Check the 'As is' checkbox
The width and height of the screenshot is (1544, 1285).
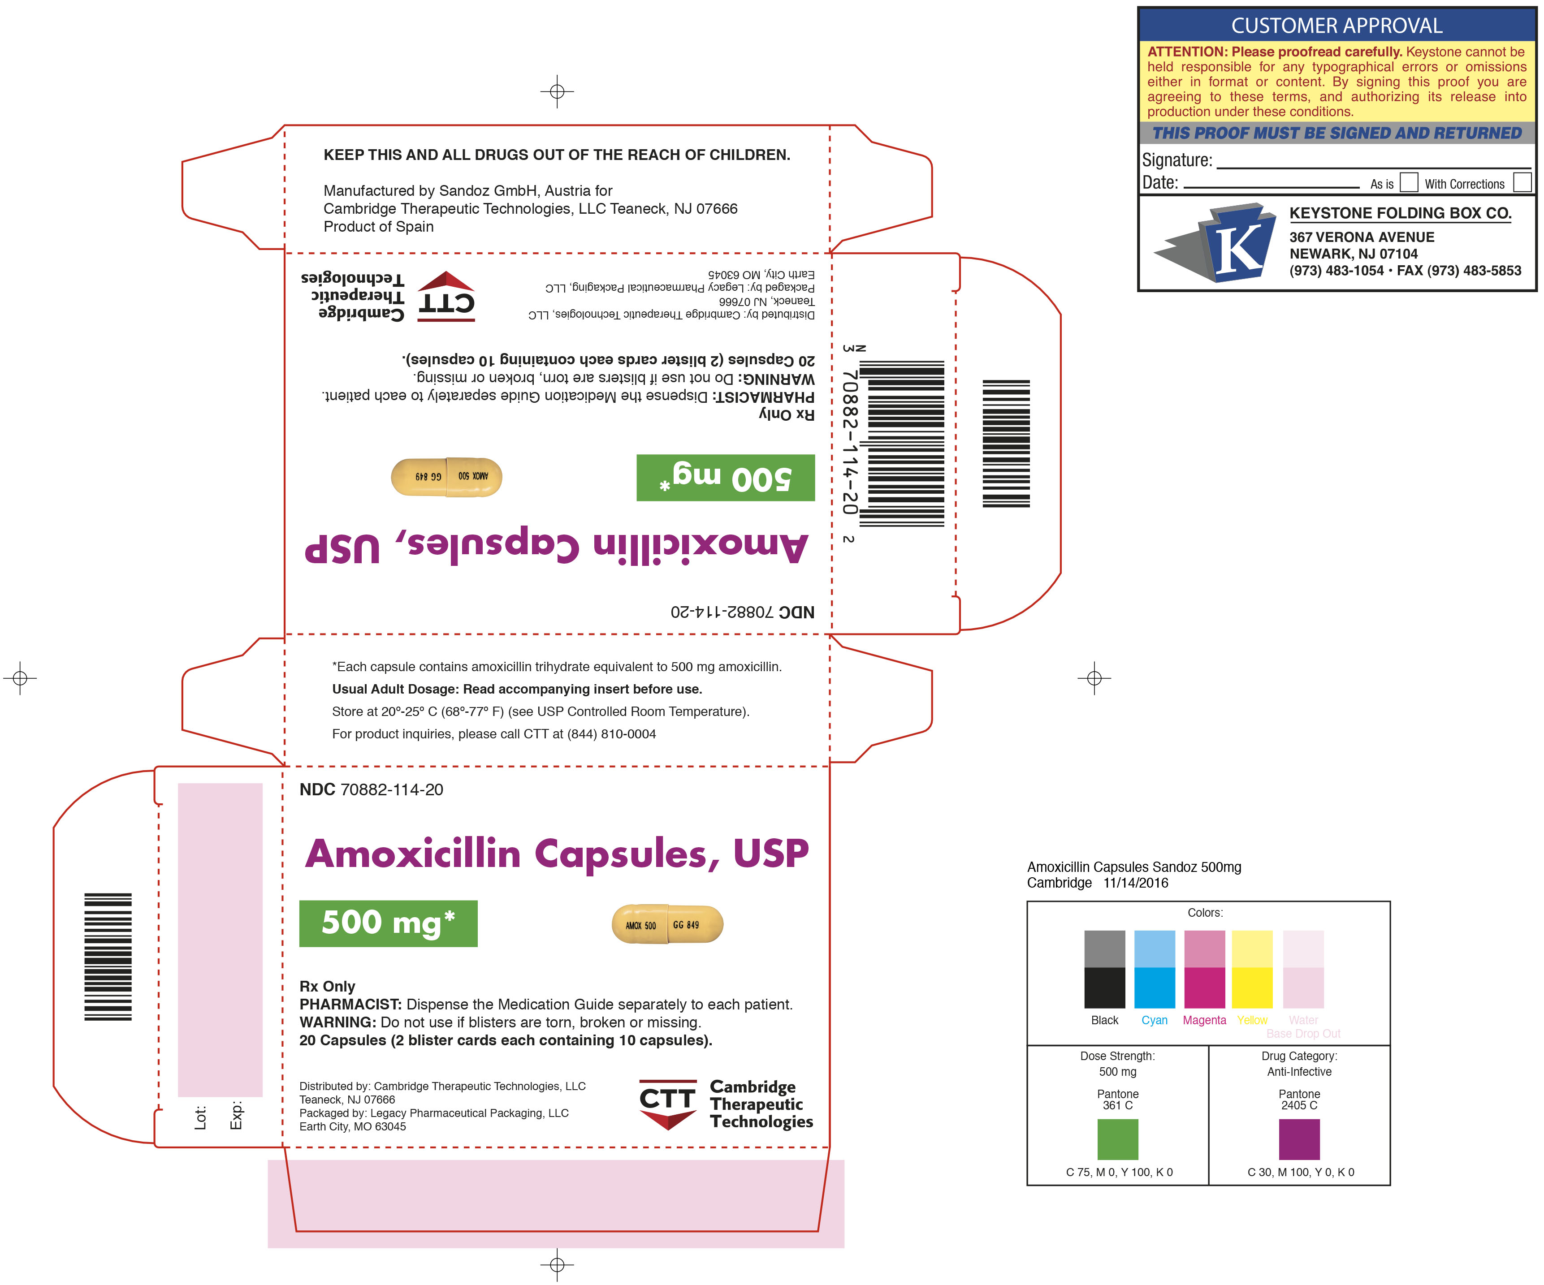coord(1409,182)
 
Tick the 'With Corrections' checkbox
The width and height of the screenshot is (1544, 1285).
coord(1522,182)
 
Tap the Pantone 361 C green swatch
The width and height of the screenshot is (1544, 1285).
coord(1118,1138)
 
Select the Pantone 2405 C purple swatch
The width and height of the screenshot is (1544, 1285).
coord(1299,1138)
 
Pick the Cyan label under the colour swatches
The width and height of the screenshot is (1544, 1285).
coord(1155,1020)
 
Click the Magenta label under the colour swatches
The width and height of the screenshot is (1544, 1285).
coord(1204,1020)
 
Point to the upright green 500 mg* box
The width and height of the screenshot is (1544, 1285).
coord(388,923)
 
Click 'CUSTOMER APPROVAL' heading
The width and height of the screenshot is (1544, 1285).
coord(1336,26)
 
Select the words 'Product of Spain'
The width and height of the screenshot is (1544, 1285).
coord(379,226)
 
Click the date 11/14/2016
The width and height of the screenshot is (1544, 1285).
coord(1136,883)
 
